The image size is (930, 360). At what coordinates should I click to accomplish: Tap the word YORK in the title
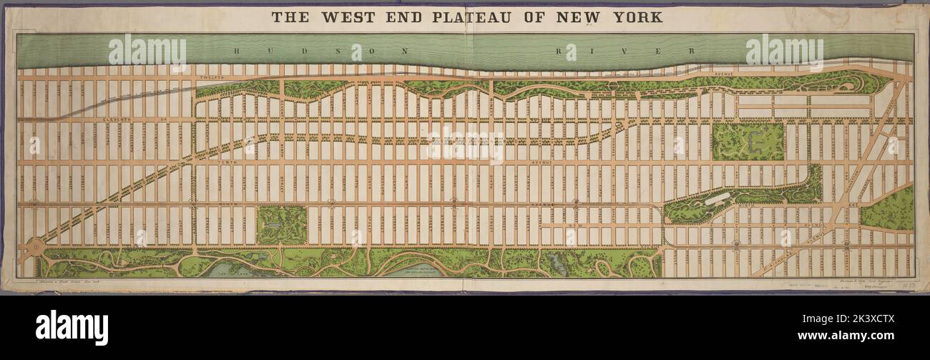(637, 16)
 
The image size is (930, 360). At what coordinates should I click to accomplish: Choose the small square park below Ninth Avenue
(281, 225)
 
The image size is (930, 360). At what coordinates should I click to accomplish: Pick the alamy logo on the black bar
(72, 328)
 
